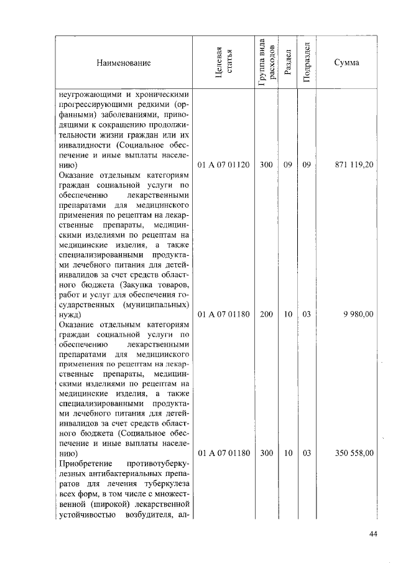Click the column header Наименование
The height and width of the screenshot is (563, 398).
[x=123, y=63]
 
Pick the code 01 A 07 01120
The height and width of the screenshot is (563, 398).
[x=223, y=166]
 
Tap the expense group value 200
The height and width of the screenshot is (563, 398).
[x=266, y=314]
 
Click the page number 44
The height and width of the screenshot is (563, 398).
[x=373, y=533]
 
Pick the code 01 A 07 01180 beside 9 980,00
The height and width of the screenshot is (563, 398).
[x=223, y=314]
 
